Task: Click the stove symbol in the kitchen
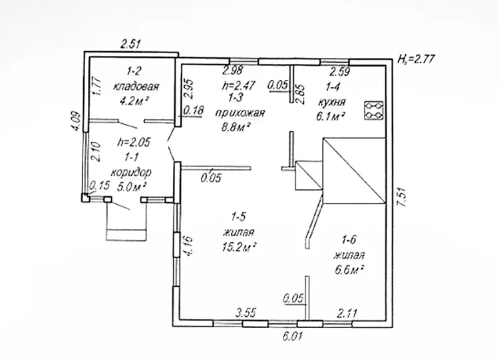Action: pos(374,110)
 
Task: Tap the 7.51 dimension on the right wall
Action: pos(403,198)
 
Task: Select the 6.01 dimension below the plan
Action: pos(292,336)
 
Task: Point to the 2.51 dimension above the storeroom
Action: pos(130,44)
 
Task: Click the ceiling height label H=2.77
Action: pos(416,59)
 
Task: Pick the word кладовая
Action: pos(136,87)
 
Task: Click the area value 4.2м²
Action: pos(134,101)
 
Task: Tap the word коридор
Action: pos(131,173)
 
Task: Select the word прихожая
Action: pos(240,113)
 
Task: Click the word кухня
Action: pos(331,102)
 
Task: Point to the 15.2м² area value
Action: pos(240,247)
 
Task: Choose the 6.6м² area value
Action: pos(349,270)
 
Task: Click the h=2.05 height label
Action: pos(134,142)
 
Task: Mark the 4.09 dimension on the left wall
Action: pos(76,120)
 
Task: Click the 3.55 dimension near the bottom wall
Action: pos(246,313)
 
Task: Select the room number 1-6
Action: pos(349,240)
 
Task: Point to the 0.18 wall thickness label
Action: pos(194,110)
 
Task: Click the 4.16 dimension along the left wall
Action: pos(188,246)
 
